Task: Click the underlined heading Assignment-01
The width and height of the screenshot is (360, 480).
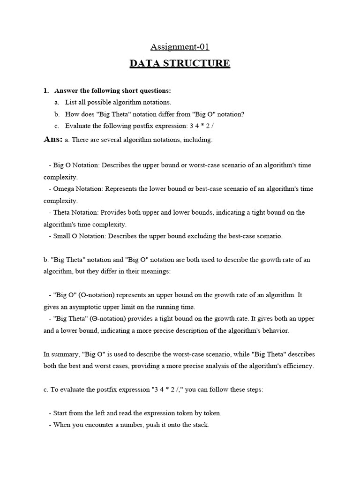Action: (x=180, y=46)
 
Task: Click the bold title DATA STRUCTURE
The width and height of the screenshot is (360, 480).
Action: (x=180, y=63)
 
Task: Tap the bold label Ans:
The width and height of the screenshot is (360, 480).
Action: (x=53, y=139)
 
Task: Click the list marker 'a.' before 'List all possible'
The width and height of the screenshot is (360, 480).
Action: (x=57, y=102)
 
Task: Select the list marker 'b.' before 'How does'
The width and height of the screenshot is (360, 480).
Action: (x=57, y=114)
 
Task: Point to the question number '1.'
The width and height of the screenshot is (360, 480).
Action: (x=46, y=90)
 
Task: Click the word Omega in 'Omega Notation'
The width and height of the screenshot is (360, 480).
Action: (x=63, y=189)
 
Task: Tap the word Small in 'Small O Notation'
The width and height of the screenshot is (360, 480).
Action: (x=61, y=236)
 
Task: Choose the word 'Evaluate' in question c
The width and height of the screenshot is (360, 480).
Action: (x=79, y=126)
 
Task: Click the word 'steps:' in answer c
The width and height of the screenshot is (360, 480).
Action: (x=254, y=390)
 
